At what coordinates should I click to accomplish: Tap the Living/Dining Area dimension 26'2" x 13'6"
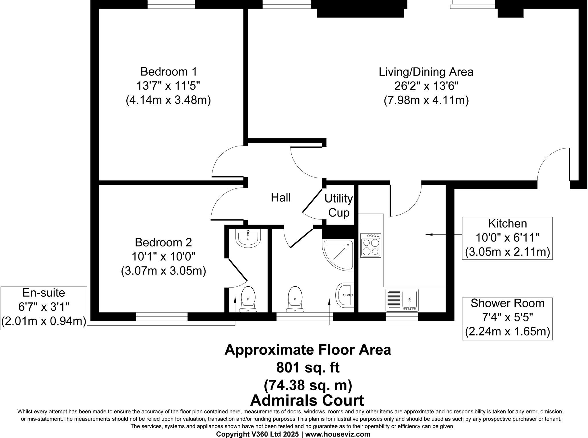click(x=426, y=86)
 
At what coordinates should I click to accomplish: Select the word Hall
click(x=281, y=198)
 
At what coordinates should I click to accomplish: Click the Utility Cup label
click(x=339, y=206)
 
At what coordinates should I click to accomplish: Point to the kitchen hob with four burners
click(x=371, y=245)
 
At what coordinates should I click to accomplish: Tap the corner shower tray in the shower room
click(x=338, y=255)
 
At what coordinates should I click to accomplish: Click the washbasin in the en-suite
click(x=248, y=238)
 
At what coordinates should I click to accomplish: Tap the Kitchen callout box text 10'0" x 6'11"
click(x=507, y=238)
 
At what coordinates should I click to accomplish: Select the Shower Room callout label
click(x=507, y=304)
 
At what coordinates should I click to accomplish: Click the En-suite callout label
click(x=44, y=293)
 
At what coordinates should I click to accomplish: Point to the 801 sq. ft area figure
click(x=307, y=367)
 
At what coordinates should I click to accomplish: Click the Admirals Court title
click(x=307, y=400)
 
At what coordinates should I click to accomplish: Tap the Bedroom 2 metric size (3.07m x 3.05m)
click(x=163, y=271)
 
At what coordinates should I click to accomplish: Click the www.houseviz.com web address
click(x=337, y=434)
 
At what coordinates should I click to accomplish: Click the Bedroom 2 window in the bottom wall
click(x=161, y=317)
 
